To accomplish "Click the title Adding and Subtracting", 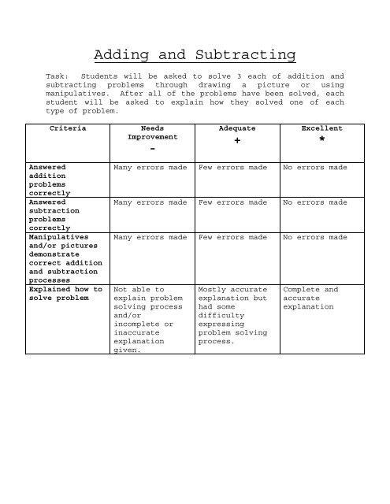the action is click(195, 55).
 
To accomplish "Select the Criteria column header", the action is click(68, 128).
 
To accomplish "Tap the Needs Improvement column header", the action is click(153, 132).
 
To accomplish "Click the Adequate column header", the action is click(236, 128).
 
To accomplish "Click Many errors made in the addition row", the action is click(150, 168).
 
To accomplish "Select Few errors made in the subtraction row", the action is click(236, 202).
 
